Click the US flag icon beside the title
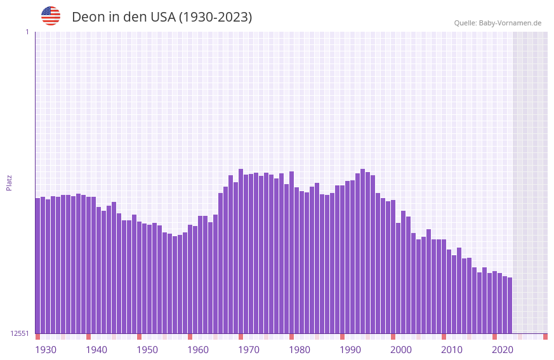(x=51, y=16)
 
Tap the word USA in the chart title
(x=162, y=17)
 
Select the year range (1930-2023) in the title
(x=216, y=17)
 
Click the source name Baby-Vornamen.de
(x=510, y=23)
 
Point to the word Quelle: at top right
(x=465, y=23)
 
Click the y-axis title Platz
(x=9, y=182)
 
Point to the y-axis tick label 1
(x=27, y=32)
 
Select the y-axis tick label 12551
(x=20, y=333)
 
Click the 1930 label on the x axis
(x=46, y=350)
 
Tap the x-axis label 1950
(x=147, y=350)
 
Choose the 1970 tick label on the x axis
(x=249, y=350)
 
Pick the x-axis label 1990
(x=350, y=350)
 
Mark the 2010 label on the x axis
(x=452, y=350)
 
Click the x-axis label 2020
(x=503, y=350)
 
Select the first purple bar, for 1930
(x=37, y=267)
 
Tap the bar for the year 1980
(x=291, y=254)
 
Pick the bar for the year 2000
(x=393, y=267)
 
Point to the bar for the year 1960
(x=190, y=279)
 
